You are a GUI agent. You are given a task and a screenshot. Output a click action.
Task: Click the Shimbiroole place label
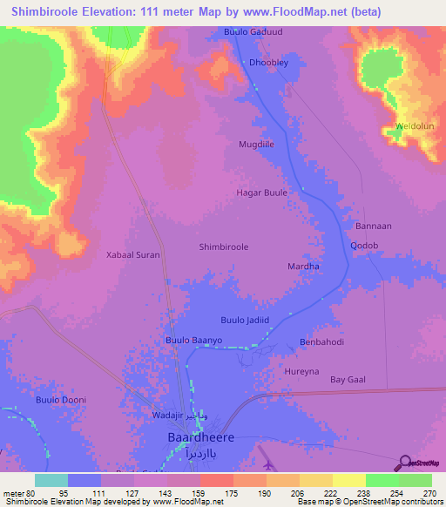(224, 247)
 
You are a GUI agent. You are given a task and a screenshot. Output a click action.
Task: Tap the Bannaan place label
(372, 226)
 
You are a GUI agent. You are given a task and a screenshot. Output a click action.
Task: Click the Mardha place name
(303, 266)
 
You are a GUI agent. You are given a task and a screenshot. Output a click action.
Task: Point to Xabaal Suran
(133, 256)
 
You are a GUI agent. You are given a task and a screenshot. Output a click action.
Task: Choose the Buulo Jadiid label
(246, 321)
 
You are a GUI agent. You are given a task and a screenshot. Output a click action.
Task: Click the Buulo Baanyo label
(194, 340)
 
